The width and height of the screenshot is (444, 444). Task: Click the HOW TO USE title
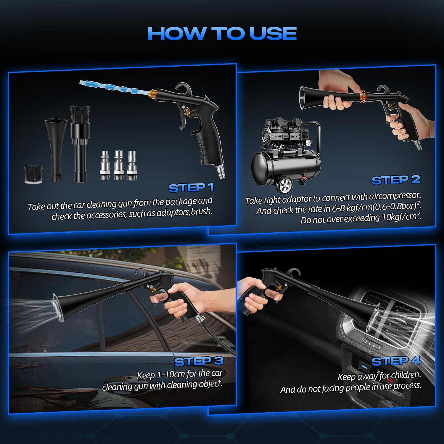[222, 33]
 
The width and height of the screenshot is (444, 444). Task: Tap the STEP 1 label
[191, 188]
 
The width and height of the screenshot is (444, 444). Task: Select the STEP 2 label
[396, 180]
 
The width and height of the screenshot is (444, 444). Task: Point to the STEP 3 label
[199, 361]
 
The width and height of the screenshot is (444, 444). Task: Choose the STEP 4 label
[396, 361]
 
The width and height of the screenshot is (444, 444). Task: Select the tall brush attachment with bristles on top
[80, 142]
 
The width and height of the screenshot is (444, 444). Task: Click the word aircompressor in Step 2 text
[393, 196]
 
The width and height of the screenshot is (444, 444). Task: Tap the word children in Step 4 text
[406, 375]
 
